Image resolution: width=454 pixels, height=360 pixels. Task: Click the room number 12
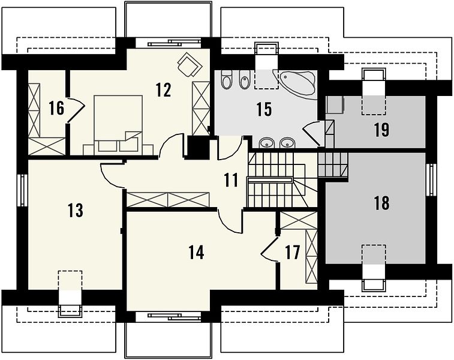(x=163, y=90)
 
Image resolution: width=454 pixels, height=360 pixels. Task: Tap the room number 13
(x=76, y=210)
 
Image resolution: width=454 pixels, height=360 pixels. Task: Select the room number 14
(x=196, y=252)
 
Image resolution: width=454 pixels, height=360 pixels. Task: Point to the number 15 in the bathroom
(x=264, y=109)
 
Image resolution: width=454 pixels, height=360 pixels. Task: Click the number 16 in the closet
(x=56, y=108)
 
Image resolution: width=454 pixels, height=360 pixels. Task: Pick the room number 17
(x=292, y=252)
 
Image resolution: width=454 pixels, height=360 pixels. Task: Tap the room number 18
(x=381, y=203)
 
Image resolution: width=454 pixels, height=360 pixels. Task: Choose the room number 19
(x=381, y=130)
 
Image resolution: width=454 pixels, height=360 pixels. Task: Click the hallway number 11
(x=231, y=180)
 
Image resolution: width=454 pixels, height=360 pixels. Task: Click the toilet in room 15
(x=226, y=79)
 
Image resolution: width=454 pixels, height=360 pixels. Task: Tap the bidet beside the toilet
(x=245, y=79)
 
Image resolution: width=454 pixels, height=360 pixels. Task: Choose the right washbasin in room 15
(x=287, y=142)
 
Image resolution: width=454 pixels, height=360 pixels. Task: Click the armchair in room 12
(x=190, y=65)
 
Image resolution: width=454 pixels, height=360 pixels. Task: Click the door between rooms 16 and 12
(x=76, y=110)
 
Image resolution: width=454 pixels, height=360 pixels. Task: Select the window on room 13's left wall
(x=22, y=190)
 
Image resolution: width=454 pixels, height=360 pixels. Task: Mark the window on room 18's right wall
(x=431, y=180)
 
